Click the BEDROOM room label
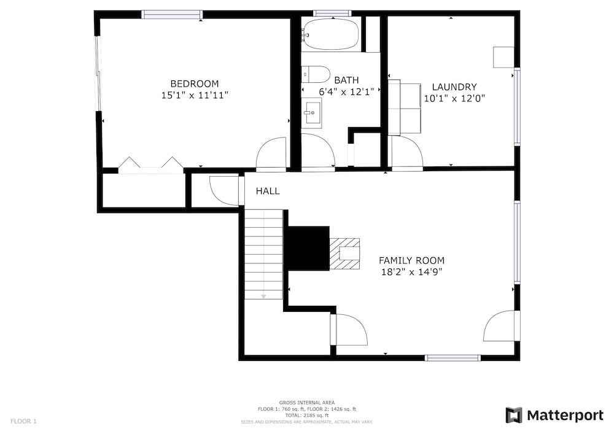point(194,83)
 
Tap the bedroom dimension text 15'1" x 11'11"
point(195,95)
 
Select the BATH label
point(346,80)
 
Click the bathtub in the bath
point(332,34)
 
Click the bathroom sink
point(312,113)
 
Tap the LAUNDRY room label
point(454,87)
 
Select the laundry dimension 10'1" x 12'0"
point(454,98)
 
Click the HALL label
point(268,191)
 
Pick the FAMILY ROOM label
point(411,260)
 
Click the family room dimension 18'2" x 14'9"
point(411,271)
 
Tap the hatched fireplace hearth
point(344,254)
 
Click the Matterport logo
point(554,415)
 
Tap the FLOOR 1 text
point(23,422)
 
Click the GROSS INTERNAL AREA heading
point(307,403)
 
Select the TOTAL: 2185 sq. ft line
point(307,416)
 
